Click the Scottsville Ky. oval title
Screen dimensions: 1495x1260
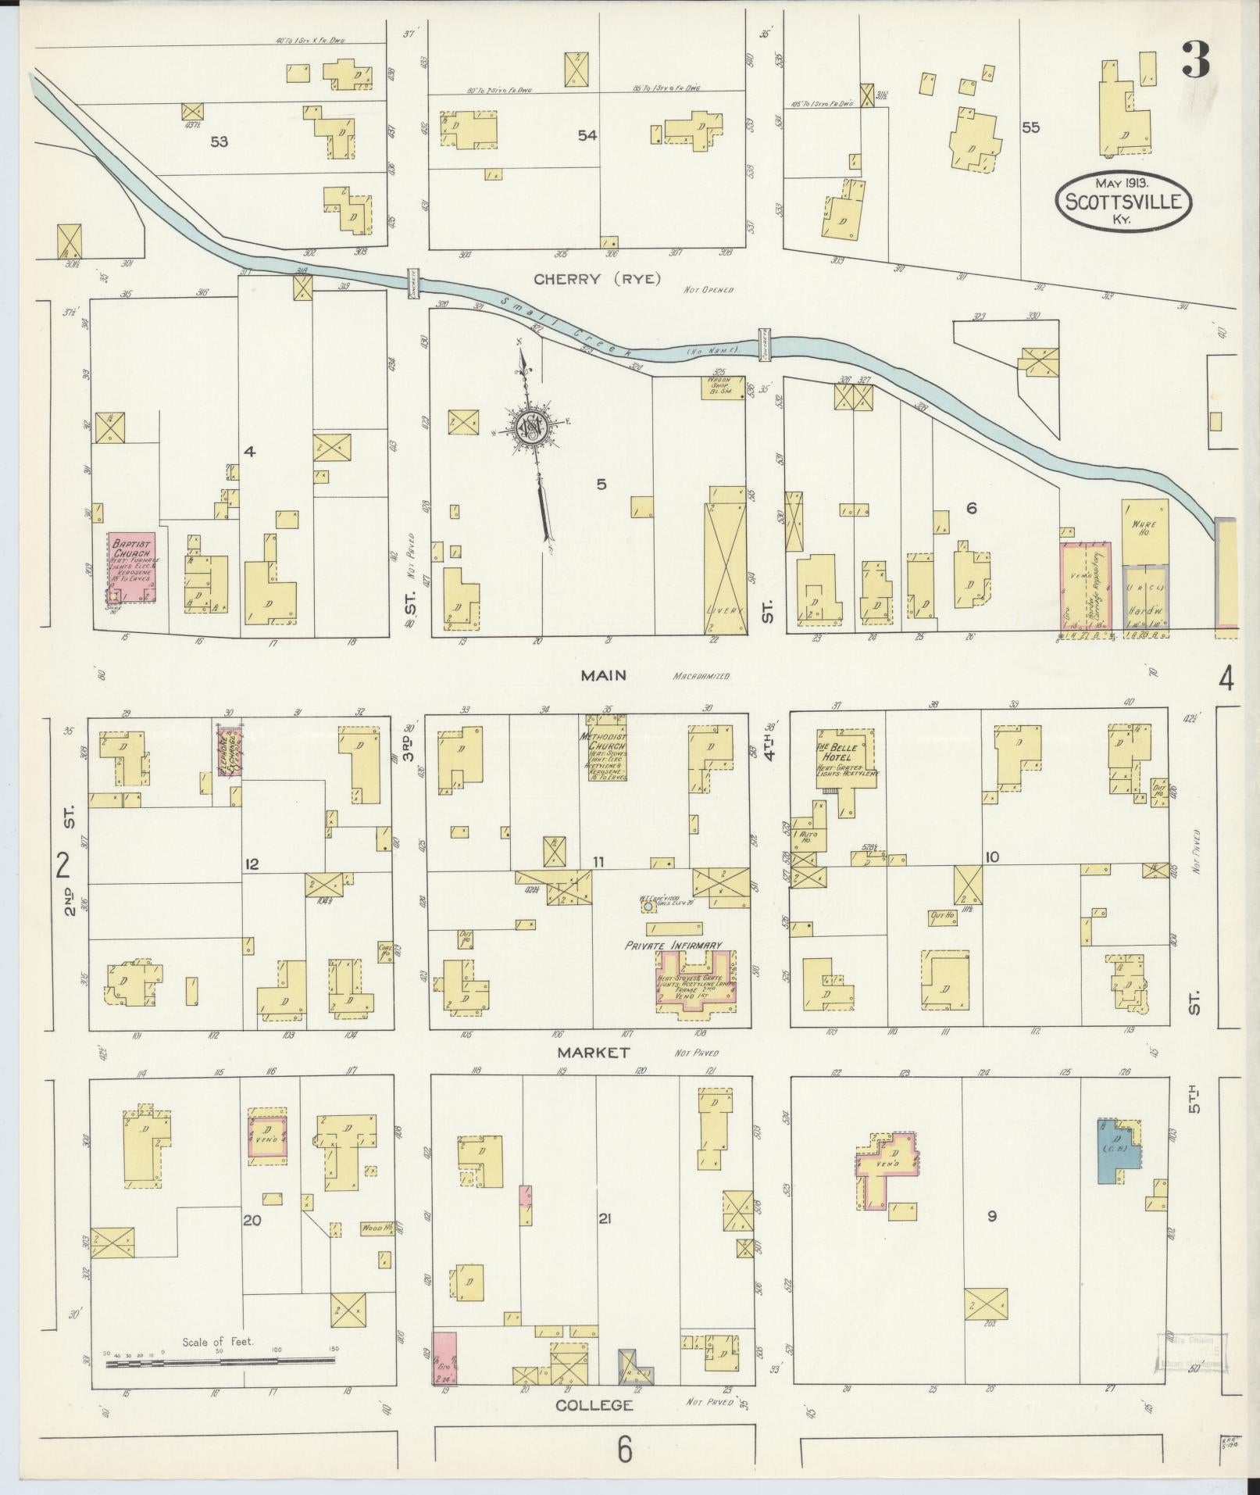pos(1123,199)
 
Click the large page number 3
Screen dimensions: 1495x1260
pos(1195,59)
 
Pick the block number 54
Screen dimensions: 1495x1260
pos(587,136)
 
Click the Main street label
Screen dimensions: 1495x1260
pos(604,675)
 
